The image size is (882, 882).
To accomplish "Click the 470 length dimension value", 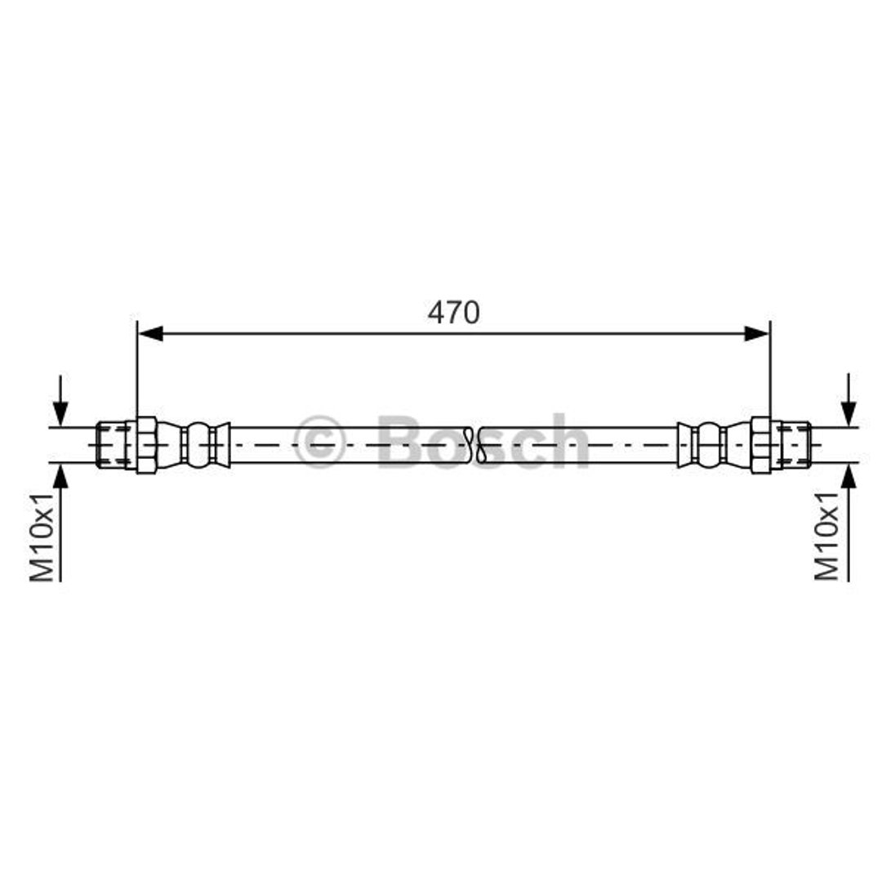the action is click(453, 312).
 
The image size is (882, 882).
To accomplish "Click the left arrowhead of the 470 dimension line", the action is click(151, 333).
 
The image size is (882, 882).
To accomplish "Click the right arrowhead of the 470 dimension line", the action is click(756, 333).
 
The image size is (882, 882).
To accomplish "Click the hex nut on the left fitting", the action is click(146, 445).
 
